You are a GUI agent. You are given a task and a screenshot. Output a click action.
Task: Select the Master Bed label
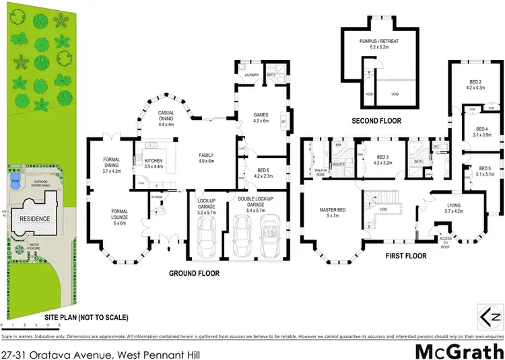click(333, 213)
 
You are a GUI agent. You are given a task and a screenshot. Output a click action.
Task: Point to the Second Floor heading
click(376, 122)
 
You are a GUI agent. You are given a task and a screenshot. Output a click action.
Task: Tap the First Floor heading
click(405, 256)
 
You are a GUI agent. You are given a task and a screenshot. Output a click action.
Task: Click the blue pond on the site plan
click(15, 182)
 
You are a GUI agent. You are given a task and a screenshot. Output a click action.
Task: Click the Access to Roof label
click(446, 240)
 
